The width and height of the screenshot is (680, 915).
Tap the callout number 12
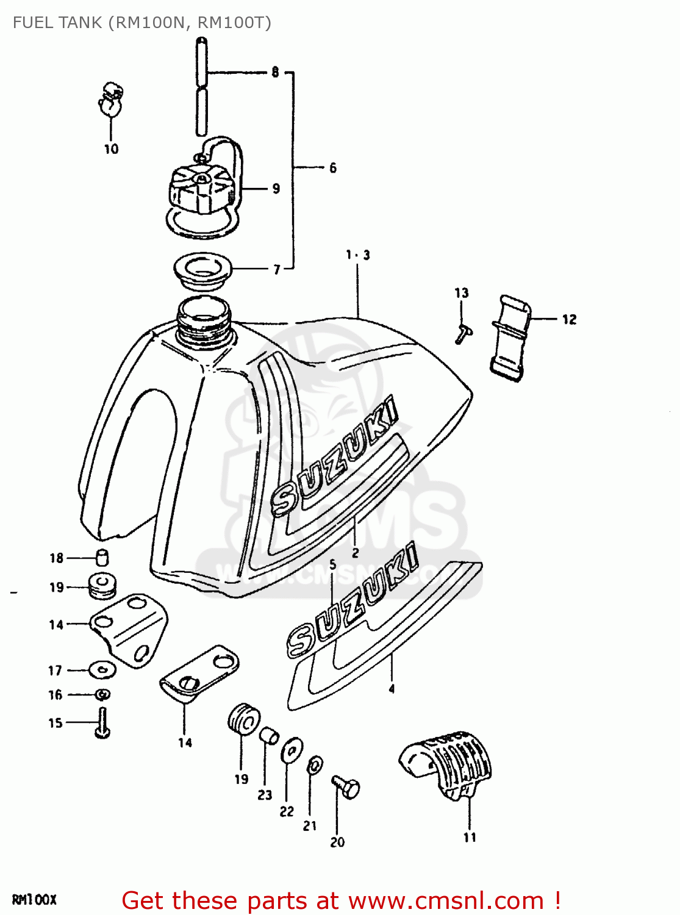point(569,319)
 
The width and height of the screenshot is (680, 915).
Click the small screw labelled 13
point(463,333)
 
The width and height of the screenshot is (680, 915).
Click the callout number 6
point(332,168)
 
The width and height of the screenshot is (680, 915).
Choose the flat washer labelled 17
point(102,669)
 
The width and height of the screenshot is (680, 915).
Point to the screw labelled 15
point(102,723)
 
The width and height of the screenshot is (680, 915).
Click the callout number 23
point(265,795)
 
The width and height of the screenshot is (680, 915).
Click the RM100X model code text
point(34,900)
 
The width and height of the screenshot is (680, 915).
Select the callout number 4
point(392,689)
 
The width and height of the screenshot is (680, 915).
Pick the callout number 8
point(275,72)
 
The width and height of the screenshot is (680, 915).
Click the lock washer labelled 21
point(315,764)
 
